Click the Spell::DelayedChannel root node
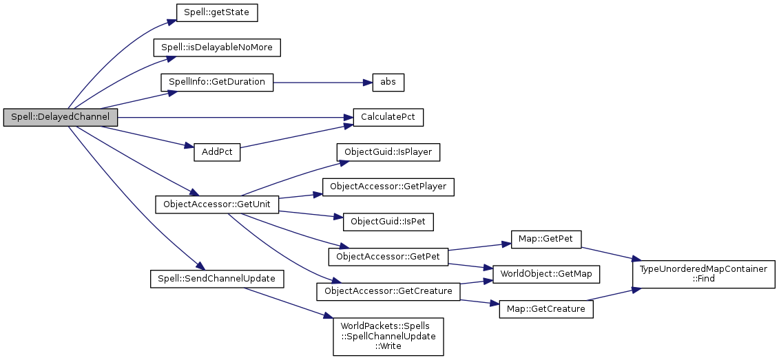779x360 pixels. click(60, 118)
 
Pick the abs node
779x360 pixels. click(387, 82)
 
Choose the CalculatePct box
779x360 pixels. click(387, 118)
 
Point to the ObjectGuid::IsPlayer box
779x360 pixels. click(388, 152)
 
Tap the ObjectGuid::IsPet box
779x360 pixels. click(388, 222)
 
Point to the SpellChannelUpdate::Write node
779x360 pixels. click(388, 336)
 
